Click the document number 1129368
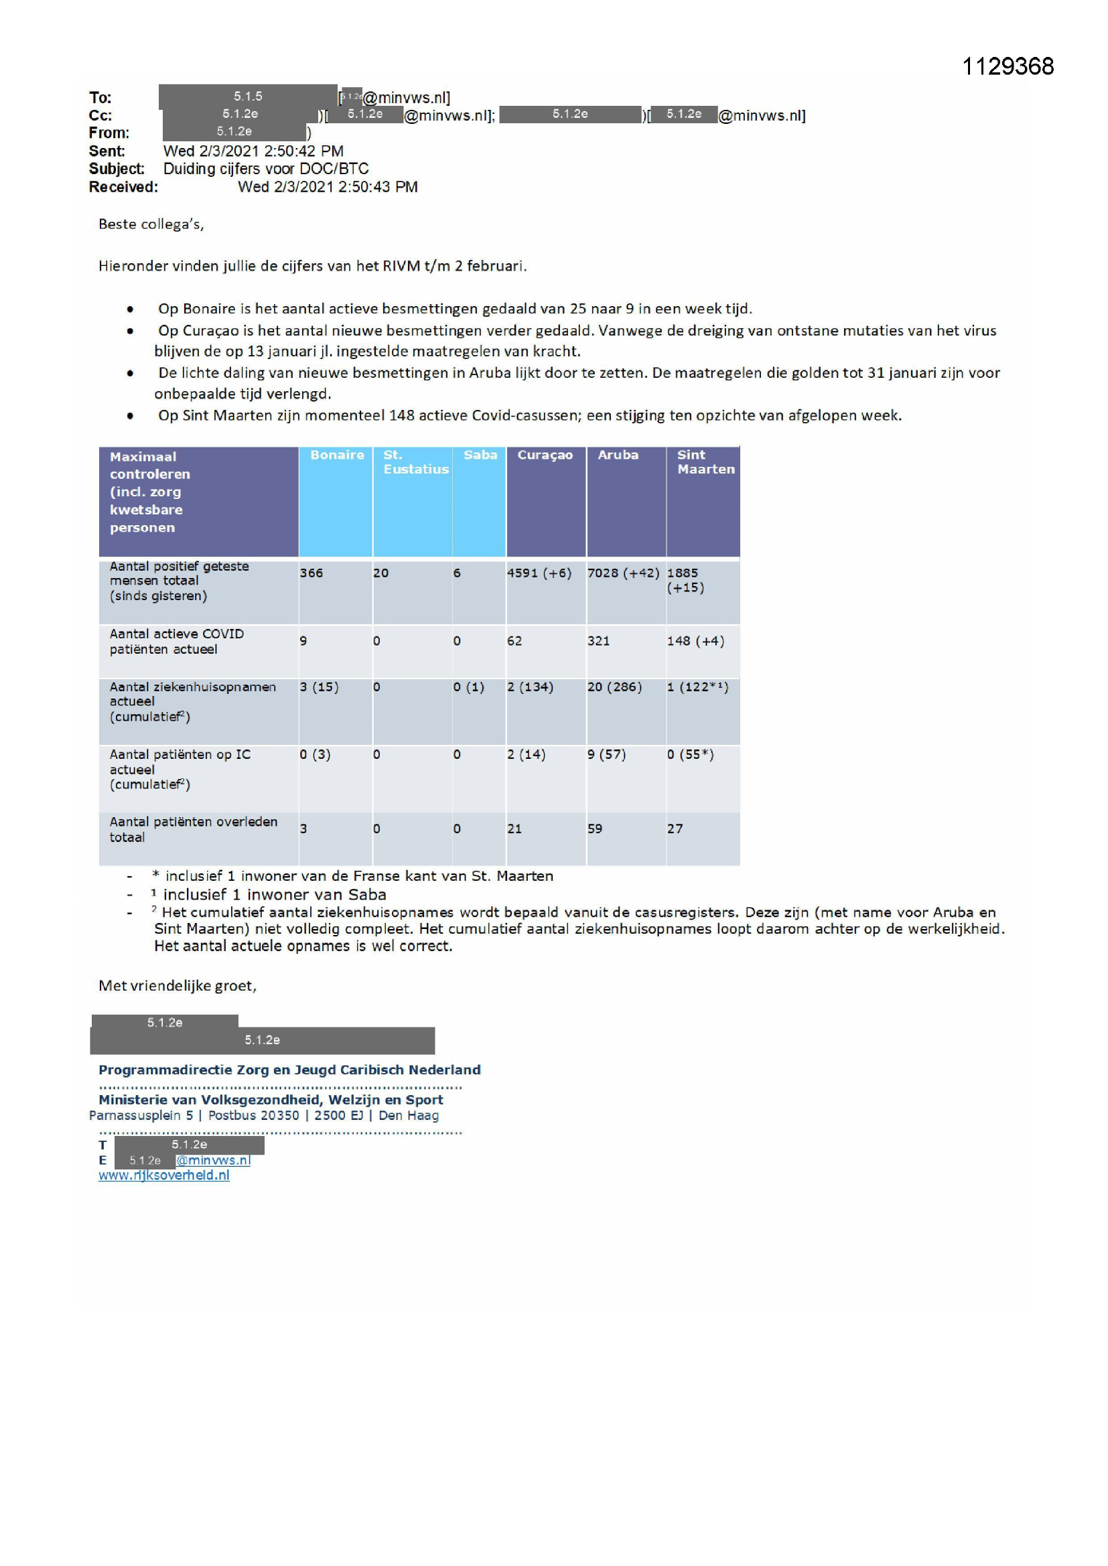[1007, 66]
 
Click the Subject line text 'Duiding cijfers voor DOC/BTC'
[265, 169]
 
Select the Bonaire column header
[337, 455]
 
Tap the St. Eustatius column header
[415, 461]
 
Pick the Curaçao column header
[545, 455]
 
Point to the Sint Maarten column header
[705, 461]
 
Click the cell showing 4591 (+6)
[539, 573]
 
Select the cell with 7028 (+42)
[623, 573]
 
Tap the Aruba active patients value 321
[598, 641]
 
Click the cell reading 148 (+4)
[695, 641]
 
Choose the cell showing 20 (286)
[614, 687]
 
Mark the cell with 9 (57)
[606, 754]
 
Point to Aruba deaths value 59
[595, 829]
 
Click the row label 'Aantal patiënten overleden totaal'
[193, 829]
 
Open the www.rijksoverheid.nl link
[163, 1176]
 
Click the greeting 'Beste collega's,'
[151, 224]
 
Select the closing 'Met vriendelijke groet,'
[178, 985]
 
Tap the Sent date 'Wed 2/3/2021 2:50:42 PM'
[253, 151]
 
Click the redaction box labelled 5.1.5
[248, 97]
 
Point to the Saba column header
[480, 455]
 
